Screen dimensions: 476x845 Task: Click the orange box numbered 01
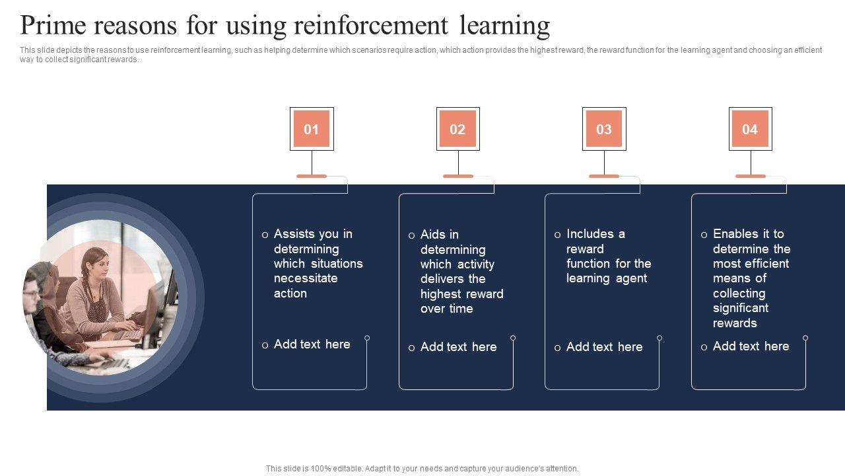(312, 129)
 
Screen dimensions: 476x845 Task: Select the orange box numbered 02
(457, 129)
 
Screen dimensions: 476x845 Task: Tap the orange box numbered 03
(604, 129)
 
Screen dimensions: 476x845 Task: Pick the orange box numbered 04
(750, 129)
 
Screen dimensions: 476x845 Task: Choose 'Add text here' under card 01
(312, 344)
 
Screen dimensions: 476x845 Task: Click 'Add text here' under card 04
(751, 346)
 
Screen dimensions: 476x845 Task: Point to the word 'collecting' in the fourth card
(739, 294)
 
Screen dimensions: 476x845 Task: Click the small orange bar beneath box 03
(604, 176)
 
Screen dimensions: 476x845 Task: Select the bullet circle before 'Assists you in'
(265, 235)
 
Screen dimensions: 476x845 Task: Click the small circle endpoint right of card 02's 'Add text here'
(513, 338)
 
